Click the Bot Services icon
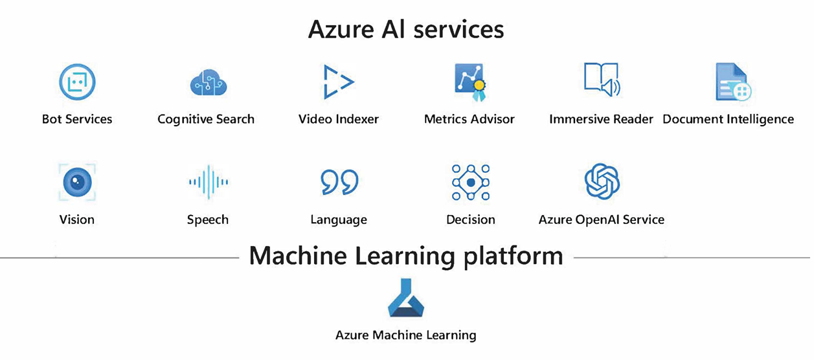[x=77, y=82]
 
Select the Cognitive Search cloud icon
[x=208, y=84]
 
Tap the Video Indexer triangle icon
[x=338, y=82]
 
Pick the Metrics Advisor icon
[x=469, y=82]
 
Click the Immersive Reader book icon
[x=602, y=80]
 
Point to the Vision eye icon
[x=77, y=182]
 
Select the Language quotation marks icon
[x=339, y=182]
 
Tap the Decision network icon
[x=471, y=182]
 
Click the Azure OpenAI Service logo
[x=602, y=181]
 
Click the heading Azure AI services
[x=406, y=29]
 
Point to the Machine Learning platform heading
[x=406, y=256]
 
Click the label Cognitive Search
[x=206, y=119]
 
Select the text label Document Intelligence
[x=728, y=119]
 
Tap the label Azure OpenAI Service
[x=602, y=219]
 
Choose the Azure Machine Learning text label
[x=406, y=335]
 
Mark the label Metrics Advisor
[x=469, y=119]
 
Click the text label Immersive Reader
[x=601, y=119]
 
